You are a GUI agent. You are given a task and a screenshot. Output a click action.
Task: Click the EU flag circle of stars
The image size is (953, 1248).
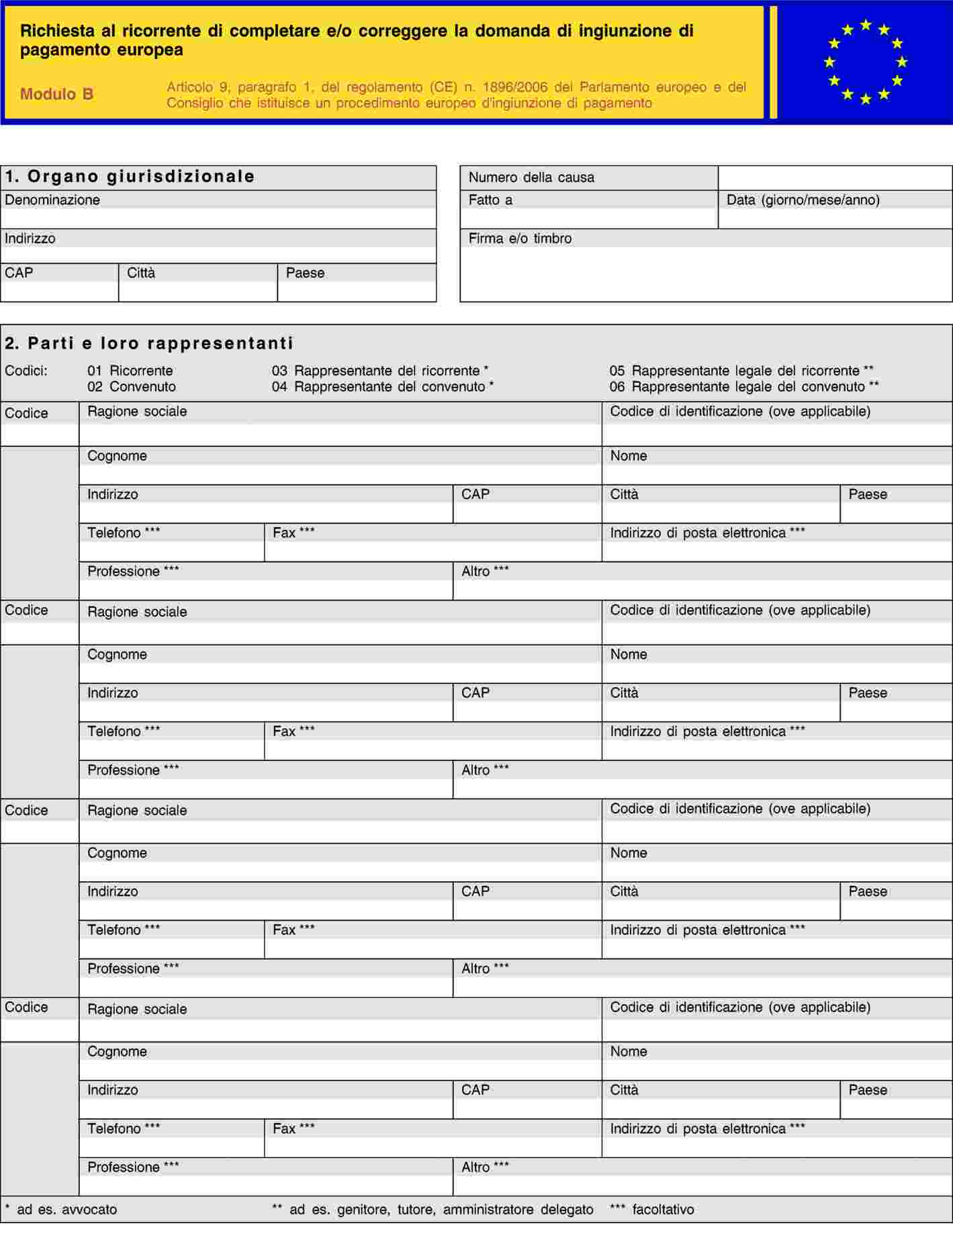(865, 62)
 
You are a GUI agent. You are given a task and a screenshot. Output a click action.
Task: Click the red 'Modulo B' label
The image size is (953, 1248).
(56, 94)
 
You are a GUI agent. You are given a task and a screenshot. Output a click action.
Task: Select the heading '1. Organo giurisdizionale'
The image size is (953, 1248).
(130, 177)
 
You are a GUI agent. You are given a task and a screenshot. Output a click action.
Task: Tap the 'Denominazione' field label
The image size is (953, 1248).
(52, 200)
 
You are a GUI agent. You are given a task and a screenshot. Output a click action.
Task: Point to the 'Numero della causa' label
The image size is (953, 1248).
(531, 177)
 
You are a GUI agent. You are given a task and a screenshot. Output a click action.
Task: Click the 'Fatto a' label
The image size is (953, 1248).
(490, 200)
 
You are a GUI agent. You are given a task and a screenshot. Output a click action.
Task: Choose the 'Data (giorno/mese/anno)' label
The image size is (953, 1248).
(803, 200)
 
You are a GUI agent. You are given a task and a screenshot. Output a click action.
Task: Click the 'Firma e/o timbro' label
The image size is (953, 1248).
(520, 238)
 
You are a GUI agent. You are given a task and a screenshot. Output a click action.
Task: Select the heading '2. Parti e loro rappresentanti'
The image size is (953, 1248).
(149, 343)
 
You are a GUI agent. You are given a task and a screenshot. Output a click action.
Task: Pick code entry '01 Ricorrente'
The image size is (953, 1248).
(130, 371)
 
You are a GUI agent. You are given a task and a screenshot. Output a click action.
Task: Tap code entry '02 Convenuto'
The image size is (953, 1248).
(132, 387)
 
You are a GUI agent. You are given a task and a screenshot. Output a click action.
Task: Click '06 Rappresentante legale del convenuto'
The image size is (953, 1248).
(743, 387)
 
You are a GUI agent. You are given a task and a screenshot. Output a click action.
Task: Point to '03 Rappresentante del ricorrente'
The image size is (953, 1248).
(379, 371)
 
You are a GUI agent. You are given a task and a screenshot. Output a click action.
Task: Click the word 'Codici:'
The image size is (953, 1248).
(26, 371)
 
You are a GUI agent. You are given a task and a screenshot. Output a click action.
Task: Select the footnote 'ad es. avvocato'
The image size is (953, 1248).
(66, 1210)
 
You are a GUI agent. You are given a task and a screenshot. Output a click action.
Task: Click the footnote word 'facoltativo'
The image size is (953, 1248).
(663, 1210)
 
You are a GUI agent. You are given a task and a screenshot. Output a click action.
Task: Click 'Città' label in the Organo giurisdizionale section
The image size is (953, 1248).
(141, 273)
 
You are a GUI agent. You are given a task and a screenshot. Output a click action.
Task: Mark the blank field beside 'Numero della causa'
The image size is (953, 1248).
(835, 178)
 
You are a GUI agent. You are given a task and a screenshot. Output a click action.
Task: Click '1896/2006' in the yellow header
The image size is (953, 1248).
(514, 87)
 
